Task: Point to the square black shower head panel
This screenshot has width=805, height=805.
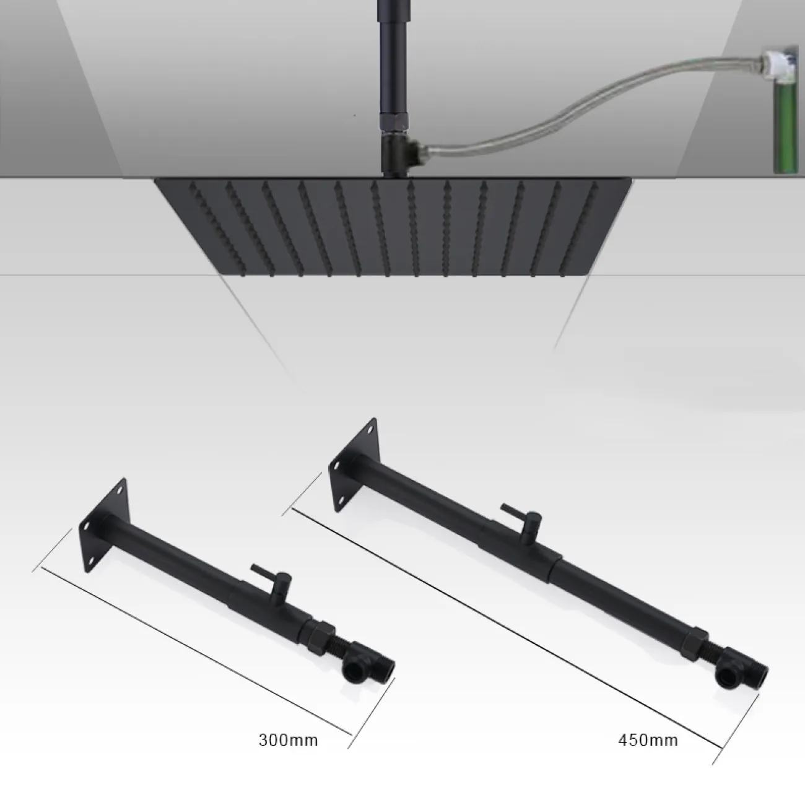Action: click(393, 228)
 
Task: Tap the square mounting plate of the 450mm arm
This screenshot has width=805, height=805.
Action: click(354, 464)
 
